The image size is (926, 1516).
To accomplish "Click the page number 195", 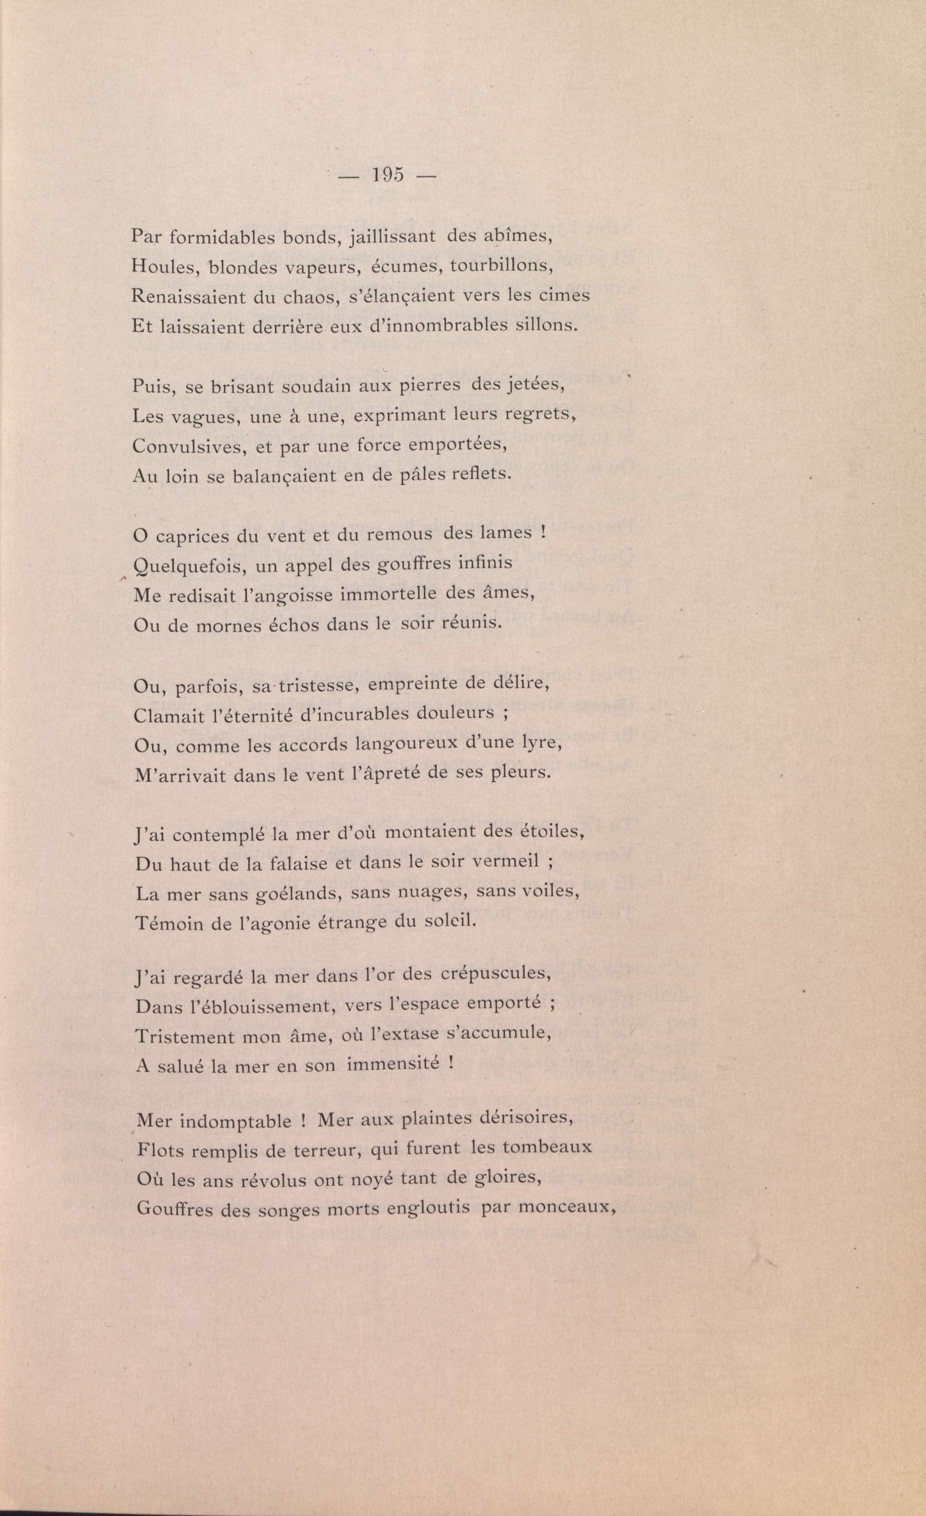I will (x=387, y=175).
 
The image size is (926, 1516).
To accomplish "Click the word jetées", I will (x=534, y=386).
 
